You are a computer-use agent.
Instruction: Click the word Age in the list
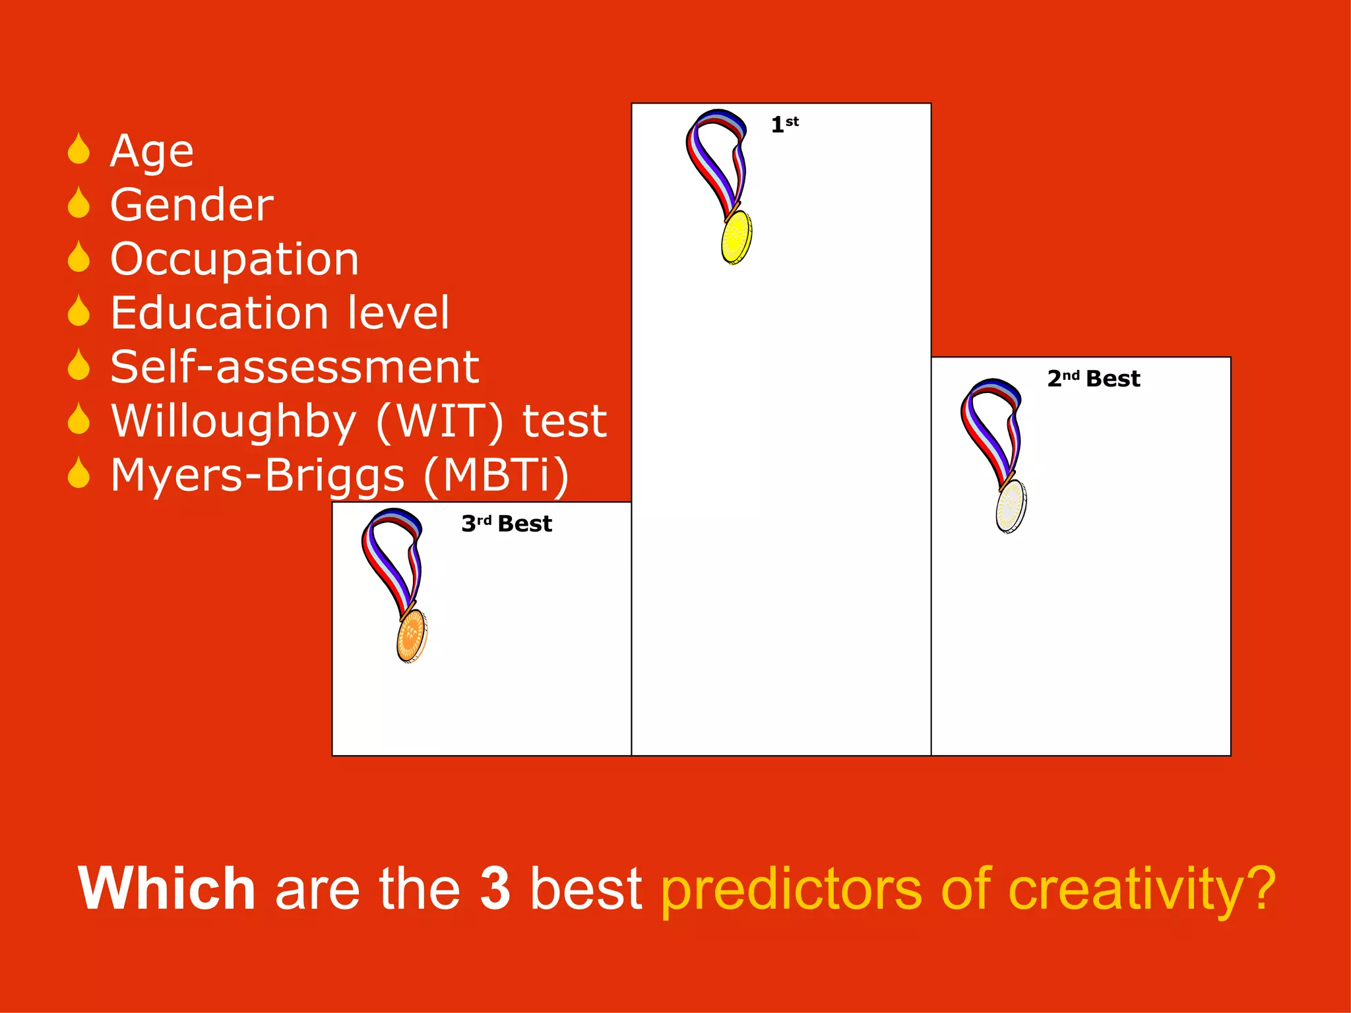pyautogui.click(x=152, y=152)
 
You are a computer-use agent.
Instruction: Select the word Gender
pyautogui.click(x=191, y=205)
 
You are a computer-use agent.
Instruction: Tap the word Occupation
pyautogui.click(x=234, y=259)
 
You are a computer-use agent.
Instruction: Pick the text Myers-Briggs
pyautogui.click(x=257, y=475)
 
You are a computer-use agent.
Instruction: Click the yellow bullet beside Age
pyautogui.click(x=79, y=149)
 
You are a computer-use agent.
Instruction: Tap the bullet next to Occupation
pyautogui.click(x=79, y=257)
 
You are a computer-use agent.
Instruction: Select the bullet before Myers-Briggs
pyautogui.click(x=79, y=473)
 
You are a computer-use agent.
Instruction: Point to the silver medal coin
pyautogui.click(x=1011, y=506)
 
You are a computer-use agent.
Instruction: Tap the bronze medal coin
pyautogui.click(x=412, y=636)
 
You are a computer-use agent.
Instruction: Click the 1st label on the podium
pyautogui.click(x=784, y=124)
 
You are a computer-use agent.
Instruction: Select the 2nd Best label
pyautogui.click(x=1094, y=379)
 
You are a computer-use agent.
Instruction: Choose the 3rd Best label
pyautogui.click(x=507, y=524)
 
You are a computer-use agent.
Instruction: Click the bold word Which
pyautogui.click(x=166, y=889)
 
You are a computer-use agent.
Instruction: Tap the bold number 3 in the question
pyautogui.click(x=495, y=889)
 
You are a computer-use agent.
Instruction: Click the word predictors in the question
pyautogui.click(x=791, y=890)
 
